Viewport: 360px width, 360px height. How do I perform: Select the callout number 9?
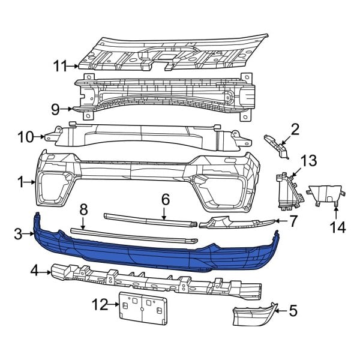[x=55, y=109]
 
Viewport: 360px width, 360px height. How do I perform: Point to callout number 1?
[x=21, y=181]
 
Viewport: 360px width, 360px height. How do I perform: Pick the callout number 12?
[x=99, y=305]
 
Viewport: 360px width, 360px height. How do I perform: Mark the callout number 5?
[x=293, y=310]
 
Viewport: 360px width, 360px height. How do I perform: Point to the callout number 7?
[x=293, y=221]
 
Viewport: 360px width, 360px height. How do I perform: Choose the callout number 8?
[x=83, y=209]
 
